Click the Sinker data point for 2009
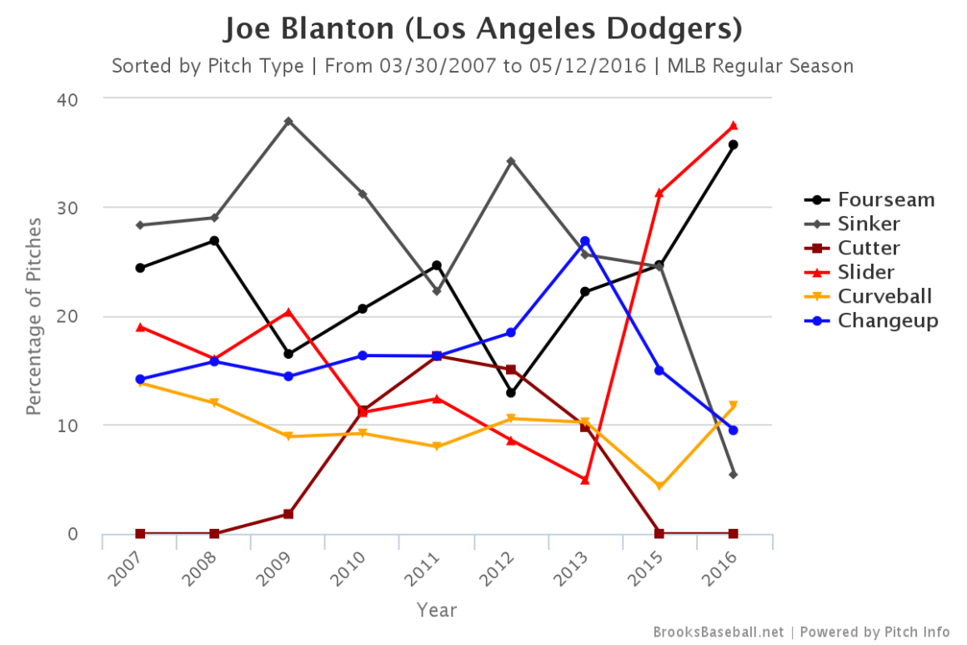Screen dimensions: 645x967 pos(288,121)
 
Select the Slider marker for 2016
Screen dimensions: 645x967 pos(733,126)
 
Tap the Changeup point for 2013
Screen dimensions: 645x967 pos(584,241)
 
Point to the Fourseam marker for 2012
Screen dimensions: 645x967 pos(511,392)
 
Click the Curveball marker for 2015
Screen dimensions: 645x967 pos(659,486)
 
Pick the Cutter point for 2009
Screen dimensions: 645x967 pos(288,514)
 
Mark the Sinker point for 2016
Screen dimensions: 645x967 pos(733,475)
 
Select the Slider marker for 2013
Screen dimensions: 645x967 pos(584,480)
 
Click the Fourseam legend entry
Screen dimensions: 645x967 pos(885,200)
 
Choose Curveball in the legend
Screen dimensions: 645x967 pos(884,296)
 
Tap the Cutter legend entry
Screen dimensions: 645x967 pos(869,248)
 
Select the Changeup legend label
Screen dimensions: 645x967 pos(888,320)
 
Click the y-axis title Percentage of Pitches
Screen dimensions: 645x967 pos(34,316)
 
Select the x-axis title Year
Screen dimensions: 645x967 pos(437,611)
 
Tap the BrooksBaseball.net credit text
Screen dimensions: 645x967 pos(718,632)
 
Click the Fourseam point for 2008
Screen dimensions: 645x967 pos(214,241)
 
